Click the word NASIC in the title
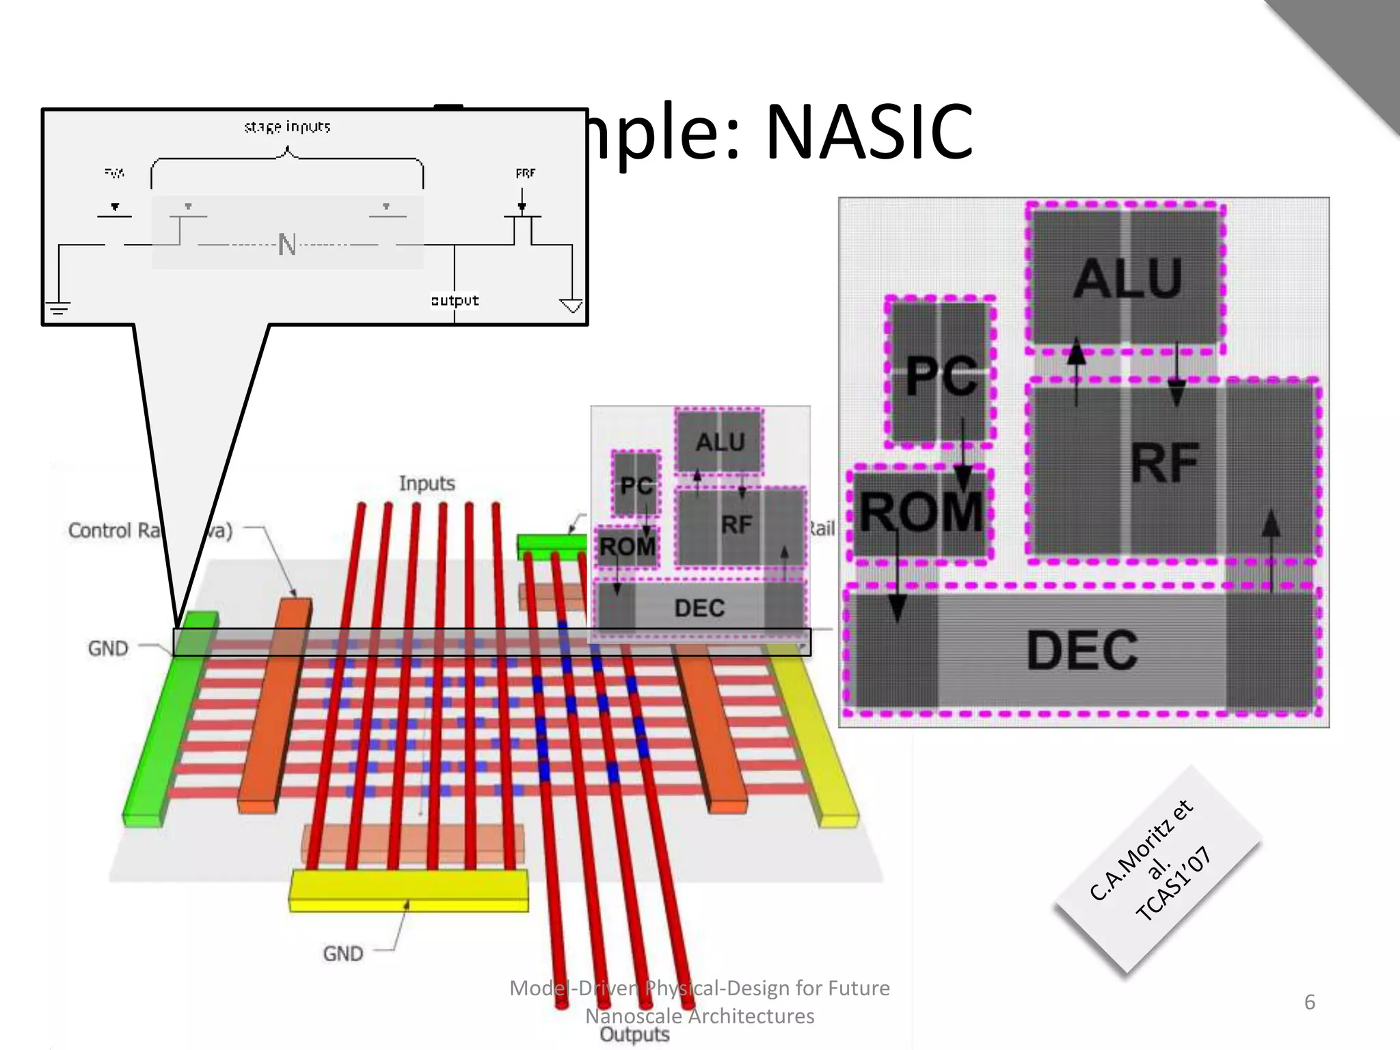tap(868, 131)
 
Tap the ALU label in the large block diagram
tap(1128, 279)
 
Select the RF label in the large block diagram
tap(1165, 463)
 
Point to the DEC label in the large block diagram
tap(1082, 650)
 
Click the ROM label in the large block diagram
tap(920, 512)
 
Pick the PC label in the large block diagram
tap(941, 376)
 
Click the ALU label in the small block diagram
tap(720, 442)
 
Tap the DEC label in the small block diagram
tap(699, 608)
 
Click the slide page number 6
tap(1309, 1002)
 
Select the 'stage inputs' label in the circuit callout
tap(287, 127)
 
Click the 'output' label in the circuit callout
tap(455, 301)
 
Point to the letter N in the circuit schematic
tap(287, 245)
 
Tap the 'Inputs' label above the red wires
tap(427, 483)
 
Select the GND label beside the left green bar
tap(108, 648)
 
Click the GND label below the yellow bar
tap(342, 953)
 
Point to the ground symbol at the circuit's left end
tap(59, 308)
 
